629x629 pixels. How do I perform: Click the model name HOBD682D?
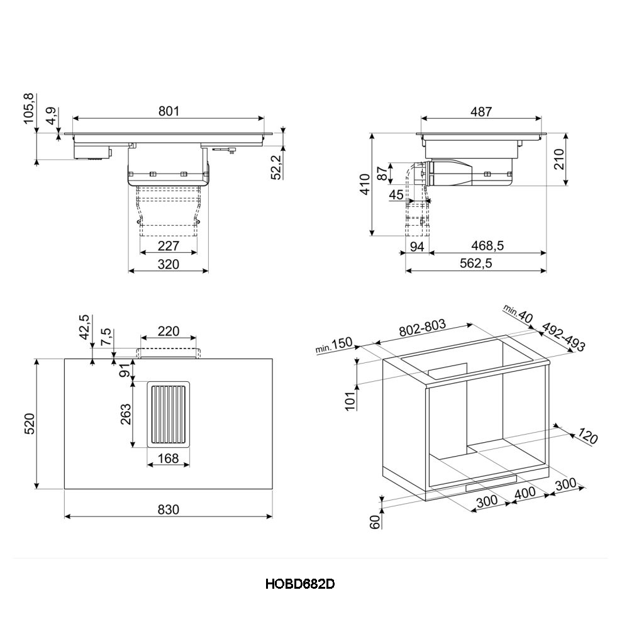coord(299,584)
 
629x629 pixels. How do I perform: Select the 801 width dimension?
coord(169,111)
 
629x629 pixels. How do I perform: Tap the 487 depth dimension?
coord(481,111)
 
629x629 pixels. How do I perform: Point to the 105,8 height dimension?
coord(30,108)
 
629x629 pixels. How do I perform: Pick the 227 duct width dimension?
coord(169,245)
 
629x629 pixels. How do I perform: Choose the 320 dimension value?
coord(169,264)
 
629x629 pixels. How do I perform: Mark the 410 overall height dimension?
coord(365,184)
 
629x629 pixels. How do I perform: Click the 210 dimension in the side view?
coord(559,159)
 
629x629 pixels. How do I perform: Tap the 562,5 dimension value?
coord(476,264)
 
